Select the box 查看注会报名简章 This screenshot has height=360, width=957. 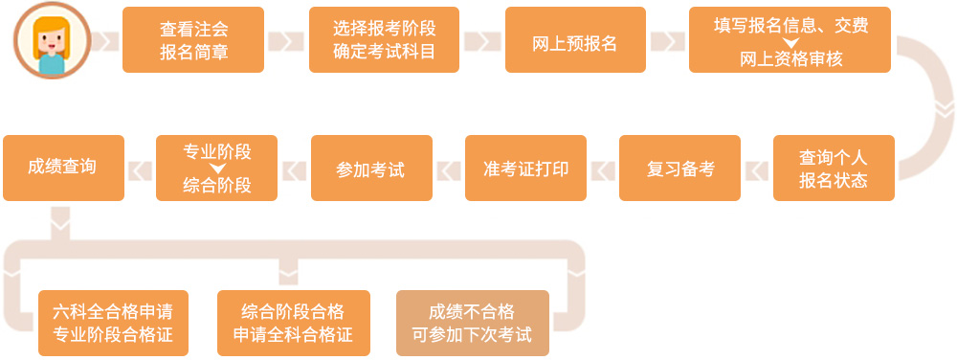tap(193, 40)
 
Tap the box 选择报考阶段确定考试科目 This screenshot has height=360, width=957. tap(384, 40)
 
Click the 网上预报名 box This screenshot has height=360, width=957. tap(575, 40)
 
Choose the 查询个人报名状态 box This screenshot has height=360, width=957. tap(834, 168)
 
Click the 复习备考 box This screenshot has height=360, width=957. tap(679, 168)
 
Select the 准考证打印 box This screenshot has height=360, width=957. tap(525, 168)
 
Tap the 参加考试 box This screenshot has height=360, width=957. tap(371, 168)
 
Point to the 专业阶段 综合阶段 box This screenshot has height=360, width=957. tap(216, 168)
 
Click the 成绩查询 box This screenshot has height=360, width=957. tap(63, 168)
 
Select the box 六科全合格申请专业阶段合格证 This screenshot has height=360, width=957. tap(113, 323)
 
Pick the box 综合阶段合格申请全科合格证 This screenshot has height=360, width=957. tap(293, 323)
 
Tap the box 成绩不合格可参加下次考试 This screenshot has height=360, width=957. tap(473, 323)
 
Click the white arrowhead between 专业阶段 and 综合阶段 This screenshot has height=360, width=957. tap(217, 169)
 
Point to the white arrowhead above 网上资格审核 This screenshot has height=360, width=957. tap(790, 42)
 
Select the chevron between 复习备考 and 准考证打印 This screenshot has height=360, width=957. tap(603, 169)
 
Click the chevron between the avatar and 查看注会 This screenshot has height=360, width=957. tap(105, 41)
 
